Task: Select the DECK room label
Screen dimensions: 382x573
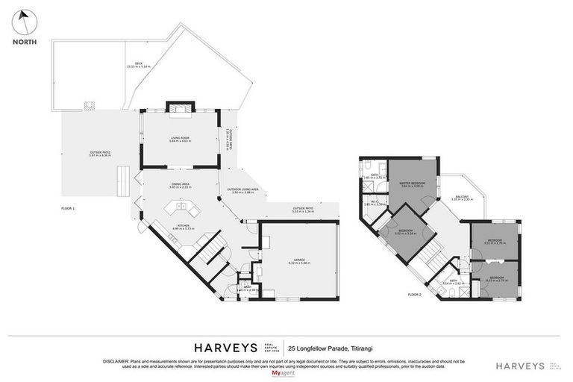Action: [139, 63]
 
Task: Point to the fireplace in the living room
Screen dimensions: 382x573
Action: [179, 109]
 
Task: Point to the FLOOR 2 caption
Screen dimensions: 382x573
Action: [414, 295]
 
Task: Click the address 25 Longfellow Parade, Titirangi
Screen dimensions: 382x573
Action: [331, 347]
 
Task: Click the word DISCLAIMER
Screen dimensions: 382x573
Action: [114, 360]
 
